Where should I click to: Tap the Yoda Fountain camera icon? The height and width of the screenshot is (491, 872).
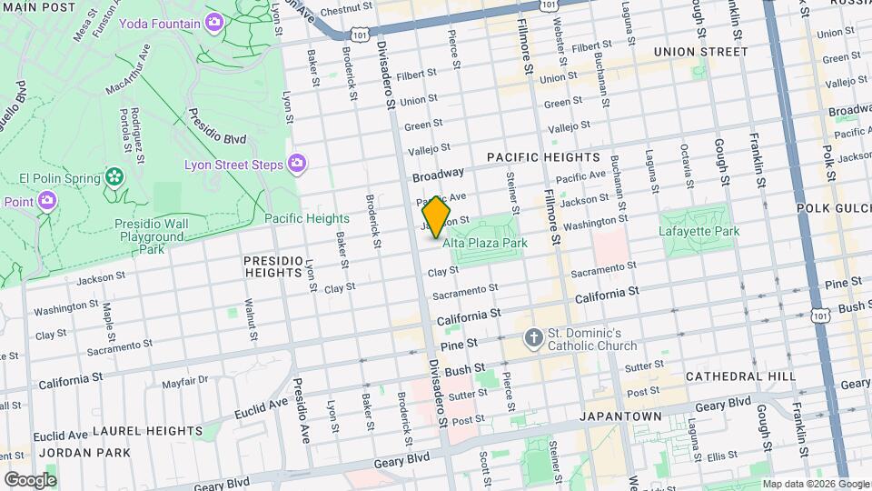215,22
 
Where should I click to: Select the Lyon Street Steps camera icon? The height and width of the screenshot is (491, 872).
296,165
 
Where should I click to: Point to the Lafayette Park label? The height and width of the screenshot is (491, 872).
699,231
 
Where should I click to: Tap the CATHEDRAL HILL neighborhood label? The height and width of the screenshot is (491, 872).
740,376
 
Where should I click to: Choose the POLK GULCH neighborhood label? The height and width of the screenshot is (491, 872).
834,208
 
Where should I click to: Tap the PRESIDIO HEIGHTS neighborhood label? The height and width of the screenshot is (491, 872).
272,266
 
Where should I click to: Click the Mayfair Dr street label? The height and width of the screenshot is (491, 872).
185,382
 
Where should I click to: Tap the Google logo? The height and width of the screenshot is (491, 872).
30,479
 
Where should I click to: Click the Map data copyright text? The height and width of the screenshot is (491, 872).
815,484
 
